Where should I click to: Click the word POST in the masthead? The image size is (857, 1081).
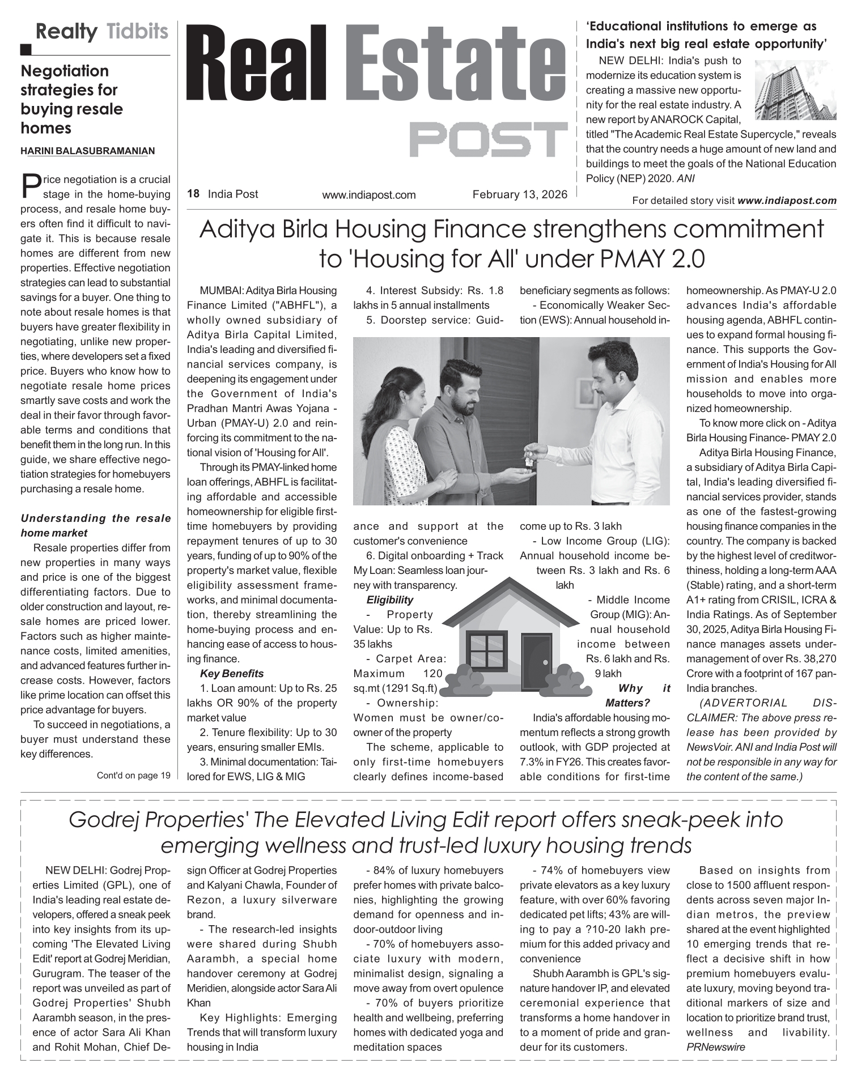click(488, 139)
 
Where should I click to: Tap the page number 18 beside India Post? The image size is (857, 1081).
click(193, 194)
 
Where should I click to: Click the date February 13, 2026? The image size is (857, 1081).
click(520, 194)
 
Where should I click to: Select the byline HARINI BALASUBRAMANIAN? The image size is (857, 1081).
click(87, 151)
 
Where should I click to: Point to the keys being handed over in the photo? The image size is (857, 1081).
click(528, 459)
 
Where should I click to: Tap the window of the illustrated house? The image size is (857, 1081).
click(486, 650)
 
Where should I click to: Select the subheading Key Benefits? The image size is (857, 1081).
click(231, 674)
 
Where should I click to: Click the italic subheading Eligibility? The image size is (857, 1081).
click(389, 600)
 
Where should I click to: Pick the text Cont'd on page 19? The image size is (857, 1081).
click(134, 776)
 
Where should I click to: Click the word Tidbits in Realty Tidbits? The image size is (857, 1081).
click(138, 31)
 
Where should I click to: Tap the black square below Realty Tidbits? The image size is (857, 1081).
click(26, 50)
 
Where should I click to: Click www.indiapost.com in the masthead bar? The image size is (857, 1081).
click(369, 195)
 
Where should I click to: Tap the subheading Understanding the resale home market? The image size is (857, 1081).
click(95, 525)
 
